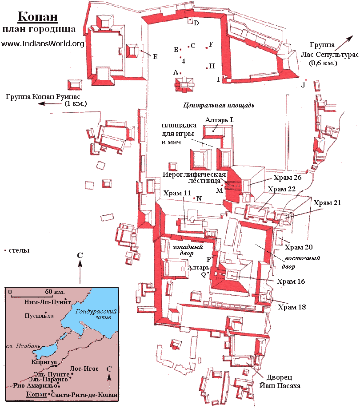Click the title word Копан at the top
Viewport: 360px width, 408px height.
[x=38, y=16]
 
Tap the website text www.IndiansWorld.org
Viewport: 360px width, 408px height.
[x=43, y=44]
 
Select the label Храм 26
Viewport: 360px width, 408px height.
[x=287, y=178]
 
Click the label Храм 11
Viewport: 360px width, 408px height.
[x=177, y=193]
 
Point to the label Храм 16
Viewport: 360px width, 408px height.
[x=291, y=281]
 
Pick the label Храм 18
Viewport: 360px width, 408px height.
[x=292, y=307]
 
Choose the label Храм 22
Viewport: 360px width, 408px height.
[x=282, y=189]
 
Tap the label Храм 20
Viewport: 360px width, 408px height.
[x=299, y=247]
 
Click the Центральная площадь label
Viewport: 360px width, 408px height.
[x=219, y=106]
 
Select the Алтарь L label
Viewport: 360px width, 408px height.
[x=220, y=120]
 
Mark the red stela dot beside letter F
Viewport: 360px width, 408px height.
[x=207, y=48]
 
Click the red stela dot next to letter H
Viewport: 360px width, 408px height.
[x=207, y=68]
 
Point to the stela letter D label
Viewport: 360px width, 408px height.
[x=196, y=23]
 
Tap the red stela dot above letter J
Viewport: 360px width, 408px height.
[x=306, y=80]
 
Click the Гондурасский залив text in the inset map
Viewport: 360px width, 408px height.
[x=96, y=314]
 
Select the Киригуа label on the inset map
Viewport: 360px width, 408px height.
[x=44, y=362]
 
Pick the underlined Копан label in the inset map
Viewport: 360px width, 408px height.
[x=36, y=395]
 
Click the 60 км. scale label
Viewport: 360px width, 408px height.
[x=55, y=291]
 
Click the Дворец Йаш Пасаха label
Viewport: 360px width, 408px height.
[x=280, y=381]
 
